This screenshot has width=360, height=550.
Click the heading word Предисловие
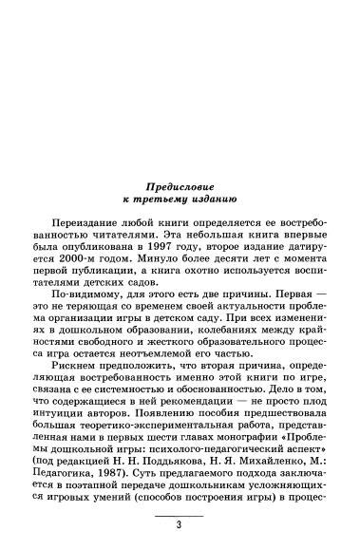pyautogui.click(x=180, y=185)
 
